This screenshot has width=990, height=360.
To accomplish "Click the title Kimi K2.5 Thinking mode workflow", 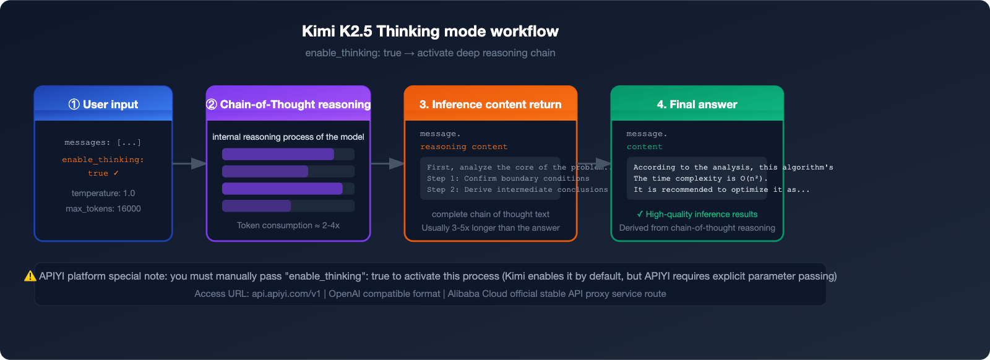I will click(x=430, y=32).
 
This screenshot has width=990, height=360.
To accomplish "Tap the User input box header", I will click(x=103, y=105).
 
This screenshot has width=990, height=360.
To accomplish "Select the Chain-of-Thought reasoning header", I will click(x=288, y=105).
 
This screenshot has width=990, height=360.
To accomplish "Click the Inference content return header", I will click(x=490, y=105).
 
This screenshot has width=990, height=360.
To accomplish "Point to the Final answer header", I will click(x=697, y=105).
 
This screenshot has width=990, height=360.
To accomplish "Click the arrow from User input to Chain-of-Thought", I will click(x=189, y=163).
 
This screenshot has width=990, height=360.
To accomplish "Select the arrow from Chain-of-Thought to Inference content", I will click(x=387, y=163).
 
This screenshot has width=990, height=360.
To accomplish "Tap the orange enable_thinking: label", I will click(x=103, y=160).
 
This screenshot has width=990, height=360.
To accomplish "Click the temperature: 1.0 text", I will click(x=103, y=193).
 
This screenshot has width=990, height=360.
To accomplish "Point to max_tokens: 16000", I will click(x=103, y=208).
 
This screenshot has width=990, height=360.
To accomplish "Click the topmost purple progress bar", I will click(x=278, y=154).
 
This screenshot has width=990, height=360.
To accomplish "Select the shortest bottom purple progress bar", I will click(x=256, y=206).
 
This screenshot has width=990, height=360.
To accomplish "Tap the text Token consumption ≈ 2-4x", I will click(x=288, y=225).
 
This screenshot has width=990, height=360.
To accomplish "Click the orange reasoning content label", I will click(x=463, y=147).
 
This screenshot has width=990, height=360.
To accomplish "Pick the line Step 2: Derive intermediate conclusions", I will click(x=517, y=190).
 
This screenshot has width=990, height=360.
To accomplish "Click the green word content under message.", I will click(x=644, y=147).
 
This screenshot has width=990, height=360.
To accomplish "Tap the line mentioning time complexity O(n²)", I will click(x=700, y=178).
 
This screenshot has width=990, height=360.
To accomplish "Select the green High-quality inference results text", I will click(x=697, y=214).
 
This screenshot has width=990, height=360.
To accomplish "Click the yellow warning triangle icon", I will click(x=30, y=276).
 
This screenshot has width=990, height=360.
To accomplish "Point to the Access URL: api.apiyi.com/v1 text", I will click(x=257, y=294).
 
